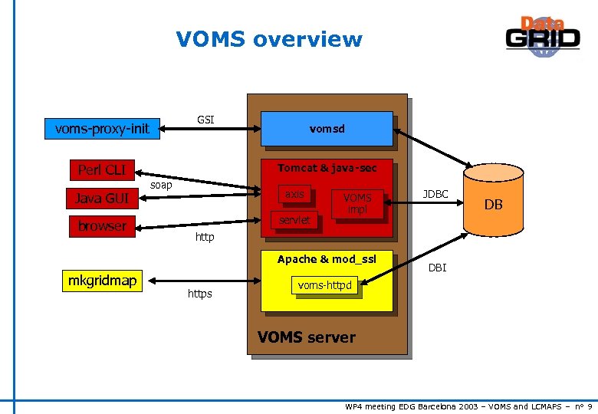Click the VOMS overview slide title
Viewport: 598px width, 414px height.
point(268,39)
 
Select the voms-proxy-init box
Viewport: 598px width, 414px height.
point(102,128)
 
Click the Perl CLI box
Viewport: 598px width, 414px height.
point(101,169)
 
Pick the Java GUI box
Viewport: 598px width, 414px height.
point(101,199)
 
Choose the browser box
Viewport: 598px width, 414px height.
point(101,226)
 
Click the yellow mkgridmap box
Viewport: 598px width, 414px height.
point(102,281)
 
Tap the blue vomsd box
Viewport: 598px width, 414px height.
point(327,129)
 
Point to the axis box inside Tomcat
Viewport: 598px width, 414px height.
point(294,195)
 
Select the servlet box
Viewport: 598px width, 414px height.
point(294,220)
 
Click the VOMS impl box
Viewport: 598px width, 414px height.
point(357,203)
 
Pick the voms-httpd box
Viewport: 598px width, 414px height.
point(325,286)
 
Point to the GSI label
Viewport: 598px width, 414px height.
point(205,120)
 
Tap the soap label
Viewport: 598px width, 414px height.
point(161,186)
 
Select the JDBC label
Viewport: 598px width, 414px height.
point(435,195)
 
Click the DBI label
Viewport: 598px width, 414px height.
point(437,268)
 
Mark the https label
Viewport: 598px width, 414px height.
point(199,294)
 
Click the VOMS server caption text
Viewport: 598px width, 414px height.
point(307,337)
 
